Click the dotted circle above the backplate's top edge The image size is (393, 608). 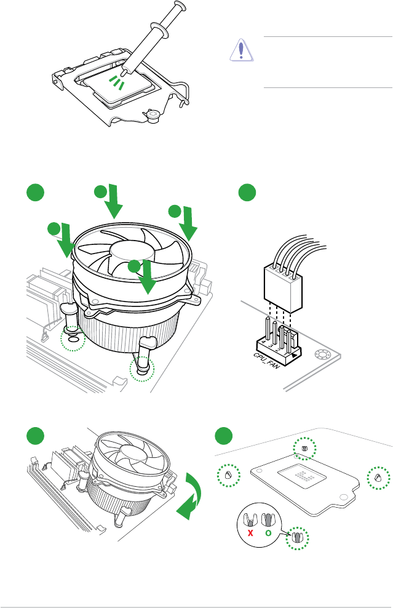click(x=304, y=449)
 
